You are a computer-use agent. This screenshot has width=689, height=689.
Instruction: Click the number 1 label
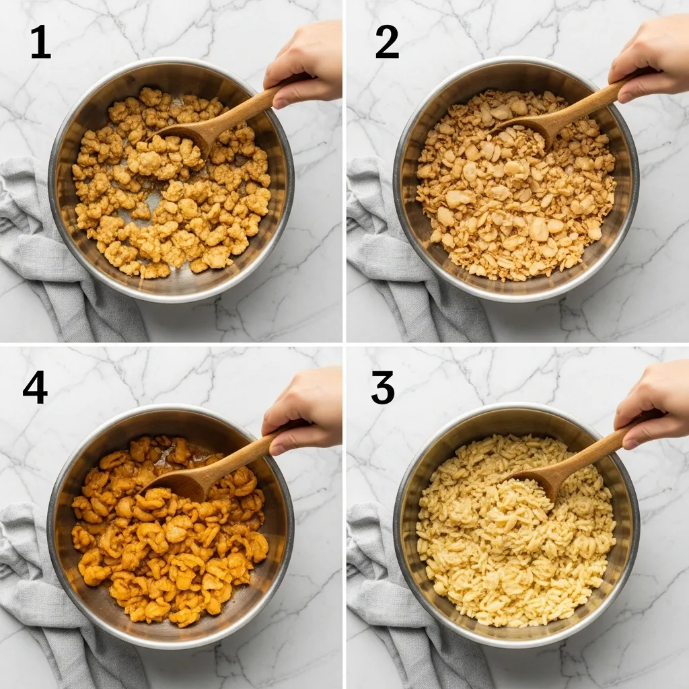click(x=40, y=43)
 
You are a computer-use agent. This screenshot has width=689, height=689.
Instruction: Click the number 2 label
click(x=386, y=43)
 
